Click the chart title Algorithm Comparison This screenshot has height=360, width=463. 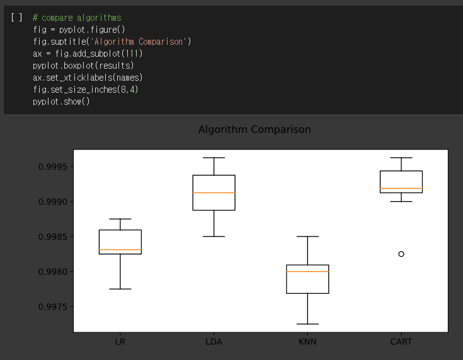pyautogui.click(x=254, y=129)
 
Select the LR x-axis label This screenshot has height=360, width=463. pyautogui.click(x=120, y=342)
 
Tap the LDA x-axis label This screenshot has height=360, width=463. pyautogui.click(x=214, y=342)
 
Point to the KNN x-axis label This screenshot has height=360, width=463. pyautogui.click(x=307, y=342)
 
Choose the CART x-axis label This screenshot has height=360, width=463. pyautogui.click(x=401, y=342)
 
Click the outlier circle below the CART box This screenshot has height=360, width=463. pyautogui.click(x=401, y=254)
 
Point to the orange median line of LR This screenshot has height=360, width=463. pyautogui.click(x=120, y=250)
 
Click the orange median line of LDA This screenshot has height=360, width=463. pyautogui.click(x=214, y=193)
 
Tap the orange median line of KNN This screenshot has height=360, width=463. pyautogui.click(x=307, y=271)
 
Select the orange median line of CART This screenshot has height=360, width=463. pyautogui.click(x=401, y=189)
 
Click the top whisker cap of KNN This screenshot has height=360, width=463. pyautogui.click(x=307, y=236)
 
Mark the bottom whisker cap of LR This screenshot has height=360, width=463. pyautogui.click(x=120, y=289)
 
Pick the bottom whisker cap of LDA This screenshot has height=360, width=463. pyautogui.click(x=214, y=236)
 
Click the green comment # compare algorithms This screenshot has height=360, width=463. pyautogui.click(x=77, y=18)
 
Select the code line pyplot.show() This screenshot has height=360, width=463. pyautogui.click(x=61, y=102)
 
